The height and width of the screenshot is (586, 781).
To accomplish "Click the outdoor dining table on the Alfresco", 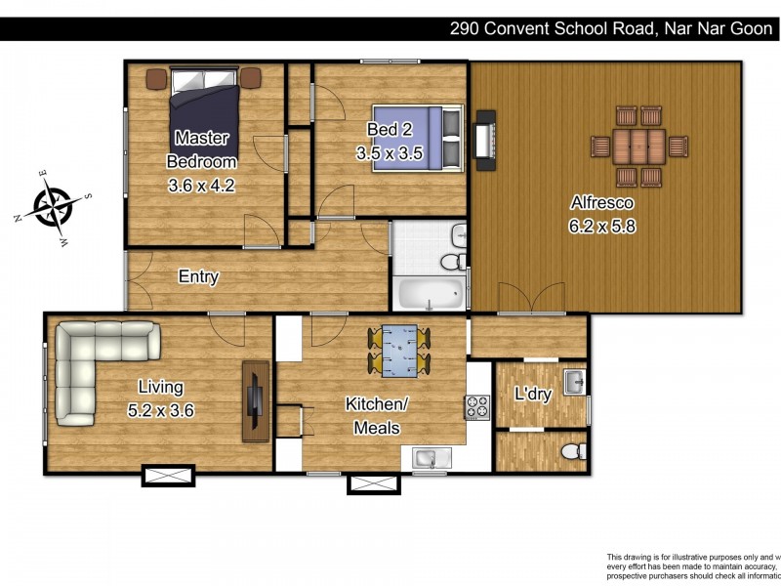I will tap(640, 146).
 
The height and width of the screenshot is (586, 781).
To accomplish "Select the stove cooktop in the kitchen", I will tap(477, 406).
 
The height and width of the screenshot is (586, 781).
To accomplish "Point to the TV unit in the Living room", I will tap(256, 401).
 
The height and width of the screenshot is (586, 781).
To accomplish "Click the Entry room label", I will tap(198, 277).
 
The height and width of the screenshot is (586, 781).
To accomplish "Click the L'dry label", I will tap(533, 396).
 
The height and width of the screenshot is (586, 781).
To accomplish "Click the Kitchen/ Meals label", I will tap(376, 416).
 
